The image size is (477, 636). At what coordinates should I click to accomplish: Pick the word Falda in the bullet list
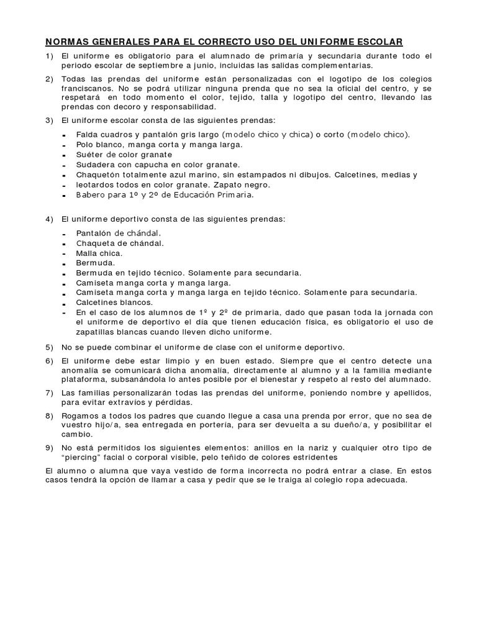pyautogui.click(x=87, y=134)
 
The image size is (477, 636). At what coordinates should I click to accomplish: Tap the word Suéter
pyautogui.click(x=89, y=155)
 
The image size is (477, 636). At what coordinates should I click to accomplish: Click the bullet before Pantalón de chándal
pyautogui.click(x=65, y=234)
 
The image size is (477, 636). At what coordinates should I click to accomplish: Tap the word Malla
pyautogui.click(x=86, y=253)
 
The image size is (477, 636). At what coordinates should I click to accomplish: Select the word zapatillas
pyautogui.click(x=97, y=332)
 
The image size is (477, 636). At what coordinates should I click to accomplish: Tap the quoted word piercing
pyautogui.click(x=81, y=458)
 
